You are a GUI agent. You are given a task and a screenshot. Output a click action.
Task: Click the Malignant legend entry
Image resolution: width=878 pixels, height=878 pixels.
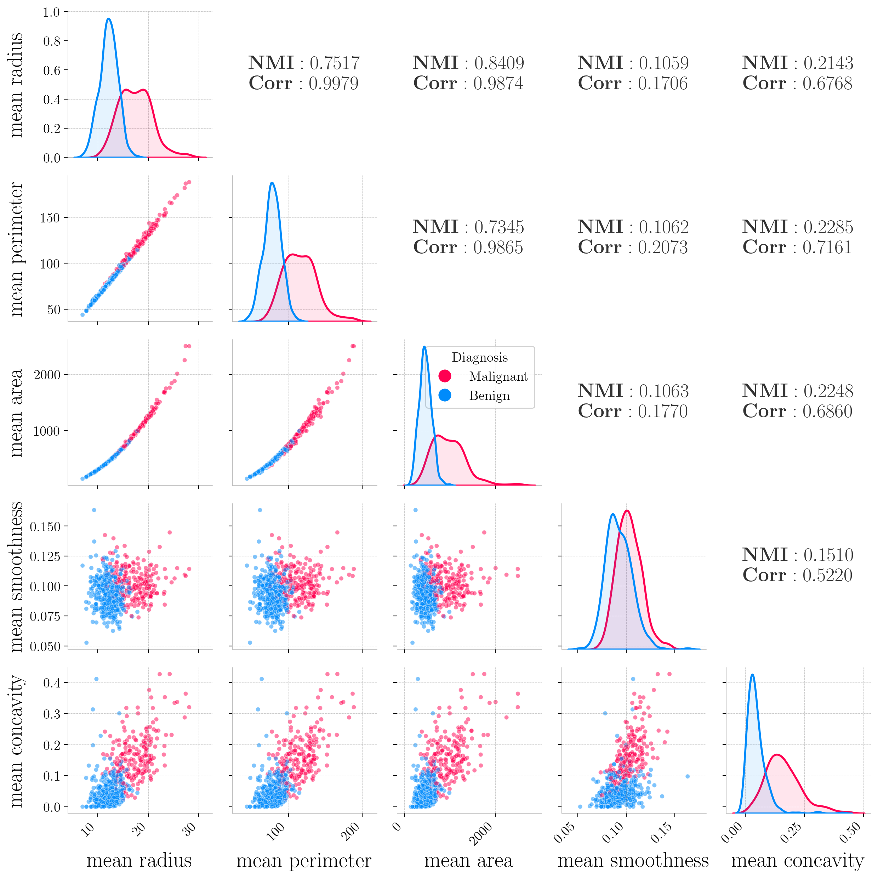coord(498,376)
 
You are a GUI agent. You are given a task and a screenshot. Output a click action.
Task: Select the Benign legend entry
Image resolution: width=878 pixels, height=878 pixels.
coord(489,396)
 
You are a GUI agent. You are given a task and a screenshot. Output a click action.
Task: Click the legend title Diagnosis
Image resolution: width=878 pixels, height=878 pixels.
coord(479,357)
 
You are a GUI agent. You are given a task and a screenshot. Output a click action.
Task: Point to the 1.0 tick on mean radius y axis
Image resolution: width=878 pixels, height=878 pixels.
coord(51,12)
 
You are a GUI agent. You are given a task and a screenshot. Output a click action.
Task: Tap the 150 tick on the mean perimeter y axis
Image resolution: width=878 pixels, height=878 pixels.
coord(50,218)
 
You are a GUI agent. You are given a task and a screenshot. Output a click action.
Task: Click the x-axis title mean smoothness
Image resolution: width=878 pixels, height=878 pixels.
coord(633,860)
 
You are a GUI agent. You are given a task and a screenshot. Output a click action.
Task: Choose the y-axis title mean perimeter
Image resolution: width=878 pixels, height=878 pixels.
coord(17,249)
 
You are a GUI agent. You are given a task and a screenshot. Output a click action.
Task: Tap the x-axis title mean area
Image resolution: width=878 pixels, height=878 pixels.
coord(468,860)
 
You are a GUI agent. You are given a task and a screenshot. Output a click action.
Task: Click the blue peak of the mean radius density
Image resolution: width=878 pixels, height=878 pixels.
coord(108,19)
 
